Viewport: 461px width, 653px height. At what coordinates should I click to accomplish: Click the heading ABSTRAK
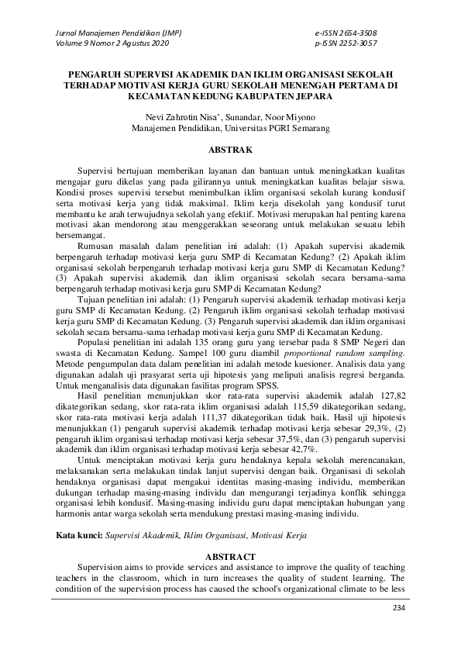(230, 147)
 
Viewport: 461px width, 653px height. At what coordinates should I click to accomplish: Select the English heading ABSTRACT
(230, 557)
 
